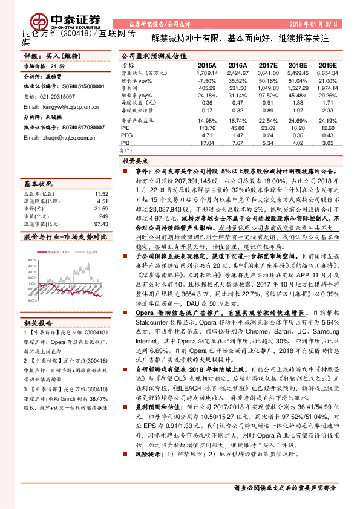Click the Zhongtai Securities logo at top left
click(x=48, y=16)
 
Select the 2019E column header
click(x=328, y=65)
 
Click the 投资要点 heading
click(x=136, y=162)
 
